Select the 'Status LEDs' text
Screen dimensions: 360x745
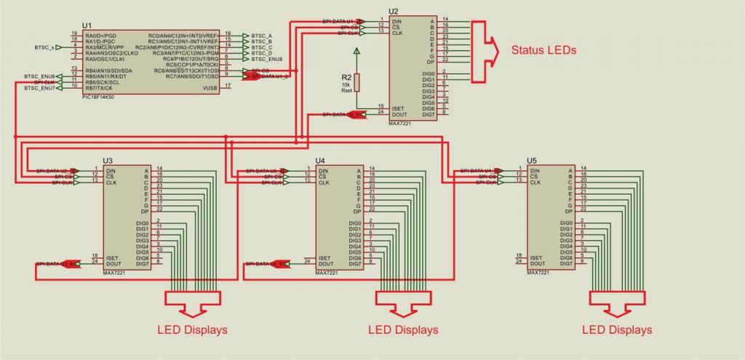543,51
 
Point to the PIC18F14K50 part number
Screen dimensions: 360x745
103,95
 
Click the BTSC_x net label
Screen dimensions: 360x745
44,47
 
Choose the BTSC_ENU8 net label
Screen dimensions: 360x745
266,59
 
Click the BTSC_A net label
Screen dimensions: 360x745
261,35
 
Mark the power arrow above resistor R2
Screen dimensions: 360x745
356,52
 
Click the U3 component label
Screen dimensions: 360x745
108,160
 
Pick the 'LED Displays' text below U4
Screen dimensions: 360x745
403,329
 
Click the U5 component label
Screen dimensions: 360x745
532,160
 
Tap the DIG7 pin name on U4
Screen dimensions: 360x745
356,264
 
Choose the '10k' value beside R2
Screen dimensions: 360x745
346,85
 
